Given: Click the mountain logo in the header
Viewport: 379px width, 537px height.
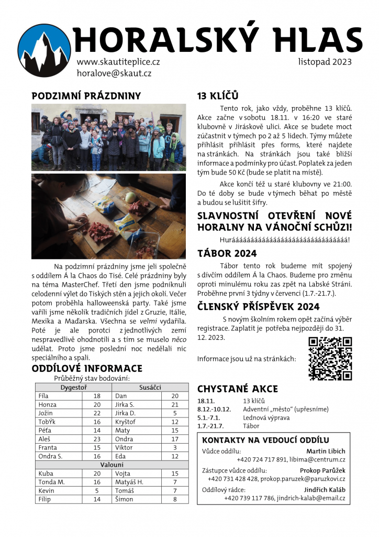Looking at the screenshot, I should point(44,51).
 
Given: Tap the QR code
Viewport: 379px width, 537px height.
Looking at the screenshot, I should point(330,359).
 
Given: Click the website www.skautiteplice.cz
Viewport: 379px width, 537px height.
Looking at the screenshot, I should point(118,61).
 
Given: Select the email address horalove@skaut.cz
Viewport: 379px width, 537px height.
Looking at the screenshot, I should point(114,73).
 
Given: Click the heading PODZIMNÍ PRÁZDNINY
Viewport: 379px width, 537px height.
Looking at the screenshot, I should point(86,96).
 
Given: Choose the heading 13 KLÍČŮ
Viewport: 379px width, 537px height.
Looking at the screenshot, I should point(218,96).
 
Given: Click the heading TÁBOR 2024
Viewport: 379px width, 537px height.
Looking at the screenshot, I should point(227,254).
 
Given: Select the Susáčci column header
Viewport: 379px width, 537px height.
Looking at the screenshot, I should point(150,388).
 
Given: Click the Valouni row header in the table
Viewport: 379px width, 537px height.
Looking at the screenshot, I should point(112,465).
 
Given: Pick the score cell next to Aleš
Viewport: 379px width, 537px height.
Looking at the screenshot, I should point(97,439).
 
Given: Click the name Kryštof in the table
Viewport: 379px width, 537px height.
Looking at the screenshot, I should point(125,422).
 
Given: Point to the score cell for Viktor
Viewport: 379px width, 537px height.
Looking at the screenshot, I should point(175,447).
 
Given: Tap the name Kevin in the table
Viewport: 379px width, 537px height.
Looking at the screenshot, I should point(47,490).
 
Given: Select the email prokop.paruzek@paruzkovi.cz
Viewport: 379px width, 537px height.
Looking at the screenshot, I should point(304,479).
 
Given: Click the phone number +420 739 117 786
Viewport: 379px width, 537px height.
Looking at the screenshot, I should point(248,498).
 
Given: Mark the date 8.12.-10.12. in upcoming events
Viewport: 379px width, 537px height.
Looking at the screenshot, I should point(214,409).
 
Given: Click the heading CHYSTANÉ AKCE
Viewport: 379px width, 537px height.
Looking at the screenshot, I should point(237,389).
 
